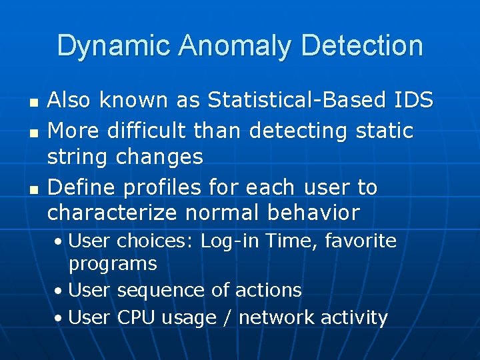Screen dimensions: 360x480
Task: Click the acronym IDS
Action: [413, 100]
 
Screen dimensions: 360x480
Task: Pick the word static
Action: [384, 131]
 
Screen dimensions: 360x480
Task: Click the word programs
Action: [113, 265]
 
